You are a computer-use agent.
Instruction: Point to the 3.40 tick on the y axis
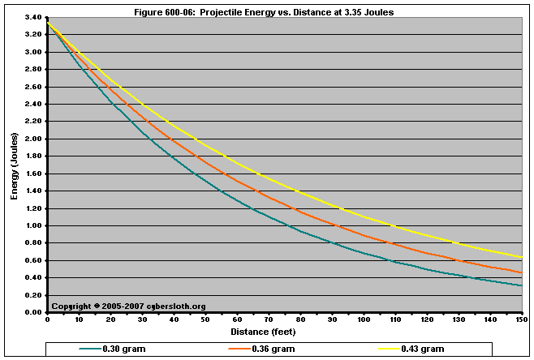[x=33, y=17]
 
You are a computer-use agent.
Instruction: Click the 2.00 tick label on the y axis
[x=33, y=139]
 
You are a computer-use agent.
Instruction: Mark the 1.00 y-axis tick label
[x=33, y=225]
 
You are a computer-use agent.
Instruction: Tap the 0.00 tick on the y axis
[x=33, y=312]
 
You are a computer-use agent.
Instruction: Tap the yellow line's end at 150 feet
[x=520, y=257]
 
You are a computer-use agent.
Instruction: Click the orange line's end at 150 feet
[x=520, y=272]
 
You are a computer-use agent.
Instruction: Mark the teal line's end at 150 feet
[x=520, y=285]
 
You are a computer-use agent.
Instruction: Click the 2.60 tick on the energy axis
[x=33, y=87]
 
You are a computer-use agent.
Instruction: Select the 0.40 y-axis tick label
[x=33, y=277]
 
